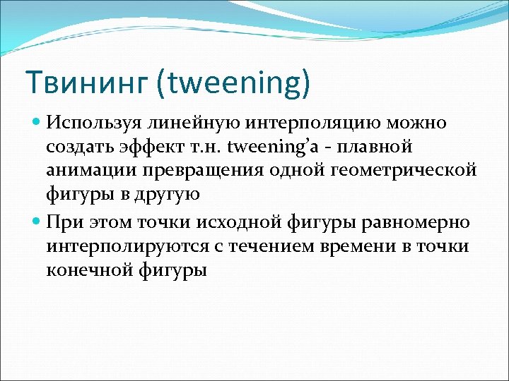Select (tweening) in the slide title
233,84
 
